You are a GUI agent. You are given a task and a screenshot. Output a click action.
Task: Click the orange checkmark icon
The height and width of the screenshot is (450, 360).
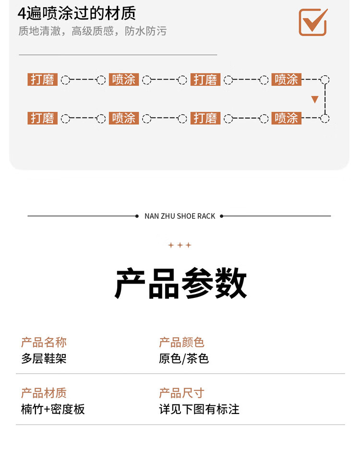point(313,22)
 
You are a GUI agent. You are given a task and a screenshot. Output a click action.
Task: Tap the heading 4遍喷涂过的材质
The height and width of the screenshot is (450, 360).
point(76,13)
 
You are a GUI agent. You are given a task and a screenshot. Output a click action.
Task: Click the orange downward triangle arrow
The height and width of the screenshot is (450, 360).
point(315,100)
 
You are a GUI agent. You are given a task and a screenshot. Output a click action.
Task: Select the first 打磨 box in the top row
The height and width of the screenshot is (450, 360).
point(43,80)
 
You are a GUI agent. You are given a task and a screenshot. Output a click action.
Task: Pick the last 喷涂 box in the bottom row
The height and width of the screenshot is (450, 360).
point(287,118)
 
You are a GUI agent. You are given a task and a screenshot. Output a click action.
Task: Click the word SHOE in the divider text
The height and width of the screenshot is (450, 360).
point(186,216)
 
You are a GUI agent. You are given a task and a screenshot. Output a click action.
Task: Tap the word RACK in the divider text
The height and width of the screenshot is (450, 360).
point(206,216)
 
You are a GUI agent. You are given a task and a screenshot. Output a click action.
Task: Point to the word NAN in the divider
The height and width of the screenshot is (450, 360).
point(152,216)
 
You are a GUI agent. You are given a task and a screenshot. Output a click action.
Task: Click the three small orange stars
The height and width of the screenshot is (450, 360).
point(180,245)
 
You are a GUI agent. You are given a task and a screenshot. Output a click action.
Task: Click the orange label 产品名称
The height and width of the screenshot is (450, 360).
point(44,343)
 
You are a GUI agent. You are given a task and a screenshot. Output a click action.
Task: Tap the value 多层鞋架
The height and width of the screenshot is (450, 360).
point(44,358)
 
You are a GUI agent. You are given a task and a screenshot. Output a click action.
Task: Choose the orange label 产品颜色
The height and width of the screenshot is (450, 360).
point(181,343)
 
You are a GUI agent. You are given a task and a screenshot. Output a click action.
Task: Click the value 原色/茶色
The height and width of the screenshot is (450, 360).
point(184,358)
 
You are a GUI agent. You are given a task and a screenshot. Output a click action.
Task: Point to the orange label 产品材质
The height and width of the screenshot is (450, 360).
point(44,393)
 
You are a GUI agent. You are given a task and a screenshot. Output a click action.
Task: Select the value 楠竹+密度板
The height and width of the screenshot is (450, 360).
point(53,409)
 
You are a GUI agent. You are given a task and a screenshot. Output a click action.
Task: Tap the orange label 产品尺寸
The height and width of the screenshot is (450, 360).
point(181,393)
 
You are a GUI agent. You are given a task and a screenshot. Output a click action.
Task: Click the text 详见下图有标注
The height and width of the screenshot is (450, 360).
point(199,409)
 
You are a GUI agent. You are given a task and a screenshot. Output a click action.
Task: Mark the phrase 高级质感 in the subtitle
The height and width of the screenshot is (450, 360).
point(93,32)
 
